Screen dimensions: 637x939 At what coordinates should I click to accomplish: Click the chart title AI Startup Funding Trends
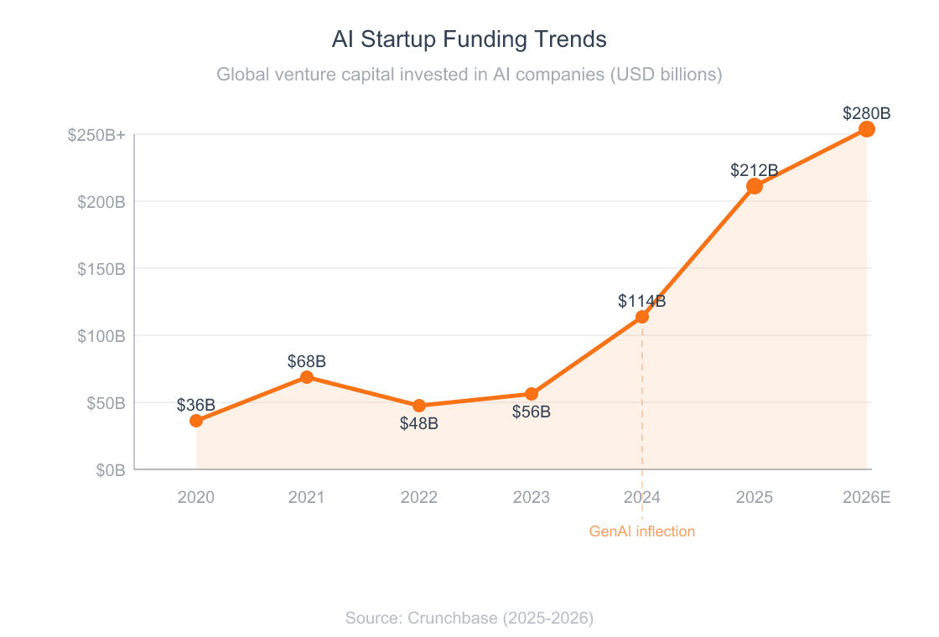469,39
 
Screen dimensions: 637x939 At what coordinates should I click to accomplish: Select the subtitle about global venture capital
469,75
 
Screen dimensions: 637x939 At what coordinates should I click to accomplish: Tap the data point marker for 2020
196,421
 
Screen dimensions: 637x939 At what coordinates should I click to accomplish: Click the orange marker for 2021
307,377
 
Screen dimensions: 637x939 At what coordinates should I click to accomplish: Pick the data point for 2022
419,406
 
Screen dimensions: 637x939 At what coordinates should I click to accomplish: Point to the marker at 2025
755,186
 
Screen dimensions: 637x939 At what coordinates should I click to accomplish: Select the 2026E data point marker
867,129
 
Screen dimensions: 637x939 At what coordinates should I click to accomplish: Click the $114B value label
642,301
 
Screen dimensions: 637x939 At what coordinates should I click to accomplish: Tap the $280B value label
867,113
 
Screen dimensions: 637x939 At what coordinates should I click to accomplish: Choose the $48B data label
419,424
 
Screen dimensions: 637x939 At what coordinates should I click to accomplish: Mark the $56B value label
532,412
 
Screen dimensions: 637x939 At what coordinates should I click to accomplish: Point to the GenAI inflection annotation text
642,531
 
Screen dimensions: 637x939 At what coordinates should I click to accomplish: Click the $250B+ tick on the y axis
96,135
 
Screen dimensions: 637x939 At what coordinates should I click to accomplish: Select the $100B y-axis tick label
101,336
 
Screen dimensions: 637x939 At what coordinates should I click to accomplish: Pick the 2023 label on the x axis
532,498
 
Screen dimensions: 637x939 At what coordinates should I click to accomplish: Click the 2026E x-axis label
867,498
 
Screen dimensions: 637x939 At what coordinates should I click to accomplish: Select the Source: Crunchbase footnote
469,619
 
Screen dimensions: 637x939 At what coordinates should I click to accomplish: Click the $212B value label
755,171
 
